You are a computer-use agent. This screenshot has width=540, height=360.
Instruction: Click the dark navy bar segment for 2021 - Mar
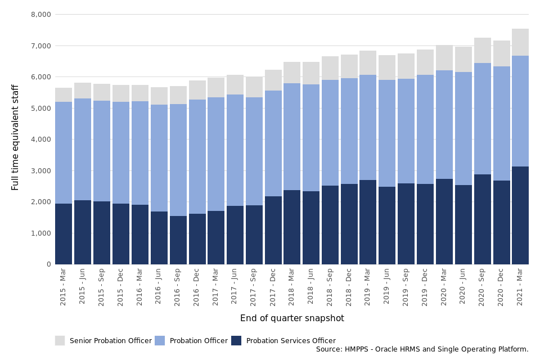coord(520,215)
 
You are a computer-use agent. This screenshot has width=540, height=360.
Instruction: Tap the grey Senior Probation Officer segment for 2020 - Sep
coord(483,50)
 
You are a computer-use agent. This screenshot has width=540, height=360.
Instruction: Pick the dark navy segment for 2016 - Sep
coord(178,240)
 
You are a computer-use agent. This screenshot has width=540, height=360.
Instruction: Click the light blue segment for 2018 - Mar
coord(292,137)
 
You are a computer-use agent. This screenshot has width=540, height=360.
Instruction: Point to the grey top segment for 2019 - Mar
coord(368,62)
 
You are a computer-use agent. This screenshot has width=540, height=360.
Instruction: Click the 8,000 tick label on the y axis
coord(40,14)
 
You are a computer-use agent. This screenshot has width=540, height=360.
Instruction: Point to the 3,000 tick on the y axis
coord(40,170)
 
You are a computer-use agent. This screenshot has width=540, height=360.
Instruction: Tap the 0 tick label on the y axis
coord(49,264)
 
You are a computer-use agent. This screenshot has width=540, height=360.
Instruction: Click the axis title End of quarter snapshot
coord(292,318)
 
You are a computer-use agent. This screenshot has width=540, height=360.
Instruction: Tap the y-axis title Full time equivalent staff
coord(16,137)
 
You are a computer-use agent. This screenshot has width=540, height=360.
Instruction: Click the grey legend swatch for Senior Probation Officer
coord(60,340)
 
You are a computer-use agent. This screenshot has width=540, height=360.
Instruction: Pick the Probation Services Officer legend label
coord(291,341)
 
